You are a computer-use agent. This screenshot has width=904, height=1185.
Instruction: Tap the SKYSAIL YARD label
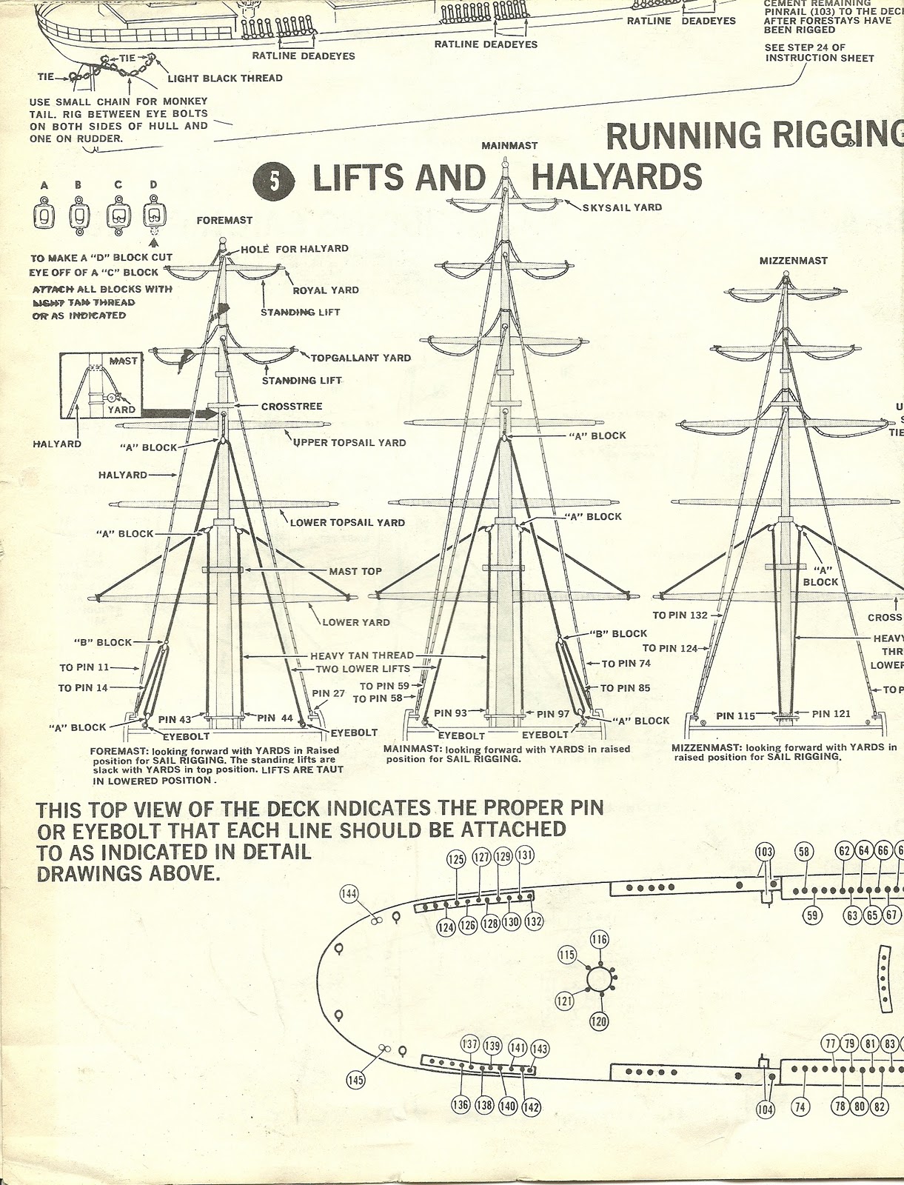click(x=622, y=207)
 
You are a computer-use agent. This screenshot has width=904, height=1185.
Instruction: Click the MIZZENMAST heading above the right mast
click(x=794, y=261)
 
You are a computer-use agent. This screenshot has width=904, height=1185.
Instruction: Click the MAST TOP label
click(x=355, y=571)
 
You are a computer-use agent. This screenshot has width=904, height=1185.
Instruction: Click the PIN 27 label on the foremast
click(x=329, y=693)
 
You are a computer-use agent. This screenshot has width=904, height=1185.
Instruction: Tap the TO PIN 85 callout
click(x=625, y=688)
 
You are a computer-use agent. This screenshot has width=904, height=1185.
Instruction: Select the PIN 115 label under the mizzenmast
click(x=736, y=716)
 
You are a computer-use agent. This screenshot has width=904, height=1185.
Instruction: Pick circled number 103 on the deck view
click(x=765, y=852)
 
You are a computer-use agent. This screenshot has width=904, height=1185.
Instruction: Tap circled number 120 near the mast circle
click(x=599, y=1022)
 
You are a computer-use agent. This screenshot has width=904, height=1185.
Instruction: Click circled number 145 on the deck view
click(x=356, y=1081)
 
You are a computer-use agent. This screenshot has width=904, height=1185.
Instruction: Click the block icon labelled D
click(x=153, y=216)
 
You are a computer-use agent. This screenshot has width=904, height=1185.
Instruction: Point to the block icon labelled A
click(x=44, y=216)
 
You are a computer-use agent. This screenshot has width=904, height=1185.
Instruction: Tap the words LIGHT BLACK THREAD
click(x=225, y=78)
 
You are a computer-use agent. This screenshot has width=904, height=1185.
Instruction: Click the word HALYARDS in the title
click(x=617, y=178)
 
